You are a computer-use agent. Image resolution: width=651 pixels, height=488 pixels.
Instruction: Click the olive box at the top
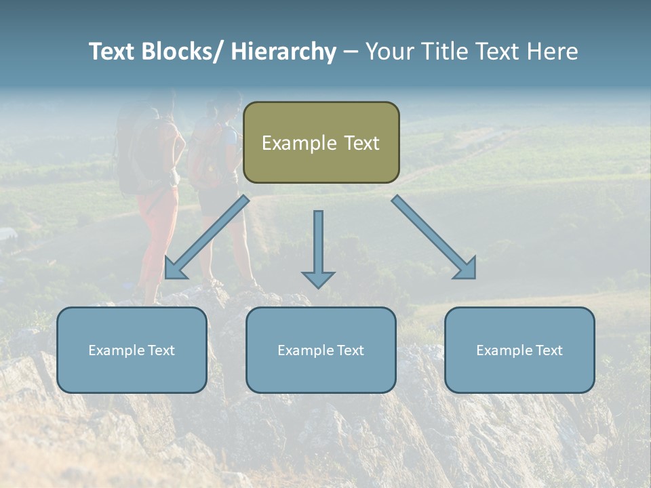(321, 142)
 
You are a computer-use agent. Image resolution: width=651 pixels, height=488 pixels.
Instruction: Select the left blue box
(132, 350)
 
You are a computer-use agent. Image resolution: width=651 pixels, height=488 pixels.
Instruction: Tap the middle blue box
(321, 350)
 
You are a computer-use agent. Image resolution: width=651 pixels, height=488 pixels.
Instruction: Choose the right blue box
(519, 350)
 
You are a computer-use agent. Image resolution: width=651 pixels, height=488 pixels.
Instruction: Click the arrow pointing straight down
(318, 248)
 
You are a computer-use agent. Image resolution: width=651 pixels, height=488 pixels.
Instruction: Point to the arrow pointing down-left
(207, 237)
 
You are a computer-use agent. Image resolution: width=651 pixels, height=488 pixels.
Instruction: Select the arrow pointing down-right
(433, 237)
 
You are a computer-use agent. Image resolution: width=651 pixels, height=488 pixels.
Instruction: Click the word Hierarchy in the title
(283, 52)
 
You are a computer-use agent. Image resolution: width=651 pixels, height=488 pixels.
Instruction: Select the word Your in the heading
(390, 52)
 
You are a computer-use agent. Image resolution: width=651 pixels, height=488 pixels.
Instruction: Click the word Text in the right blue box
(548, 350)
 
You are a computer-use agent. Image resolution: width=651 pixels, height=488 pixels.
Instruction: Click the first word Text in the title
(111, 52)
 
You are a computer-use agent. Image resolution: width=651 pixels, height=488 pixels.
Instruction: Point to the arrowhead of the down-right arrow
(467, 269)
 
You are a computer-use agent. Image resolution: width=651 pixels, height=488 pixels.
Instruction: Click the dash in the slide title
(351, 52)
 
